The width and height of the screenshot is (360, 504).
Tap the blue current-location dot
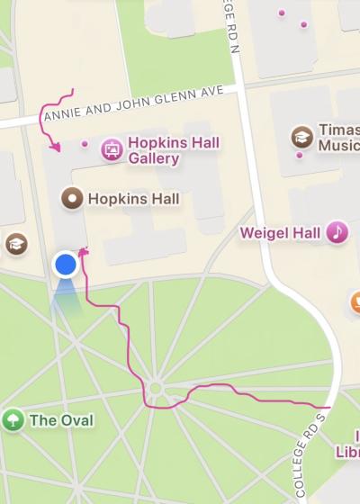pyautogui.click(x=65, y=265)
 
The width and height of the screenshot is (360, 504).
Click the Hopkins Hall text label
pyautogui.click(x=133, y=199)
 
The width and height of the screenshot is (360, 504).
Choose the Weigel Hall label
pyautogui.click(x=280, y=233)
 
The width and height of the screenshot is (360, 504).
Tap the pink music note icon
pyautogui.click(x=337, y=232)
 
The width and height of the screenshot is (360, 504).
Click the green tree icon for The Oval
pyautogui.click(x=13, y=419)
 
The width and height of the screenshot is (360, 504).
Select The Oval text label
pyautogui.click(x=61, y=419)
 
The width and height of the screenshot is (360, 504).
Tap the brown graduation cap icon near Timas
pyautogui.click(x=302, y=137)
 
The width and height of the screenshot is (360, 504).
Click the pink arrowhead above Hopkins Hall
pyautogui.click(x=56, y=146)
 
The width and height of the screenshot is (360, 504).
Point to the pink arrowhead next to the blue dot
pyautogui.click(x=84, y=251)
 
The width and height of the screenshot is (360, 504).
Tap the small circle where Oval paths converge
pyautogui.click(x=156, y=390)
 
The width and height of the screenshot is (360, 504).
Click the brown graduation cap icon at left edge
pyautogui.click(x=15, y=244)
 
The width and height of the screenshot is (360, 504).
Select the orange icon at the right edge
pyautogui.click(x=355, y=301)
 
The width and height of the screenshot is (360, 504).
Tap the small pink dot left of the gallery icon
pyautogui.click(x=85, y=143)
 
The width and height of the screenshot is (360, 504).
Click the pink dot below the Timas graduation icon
pyautogui.click(x=299, y=154)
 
